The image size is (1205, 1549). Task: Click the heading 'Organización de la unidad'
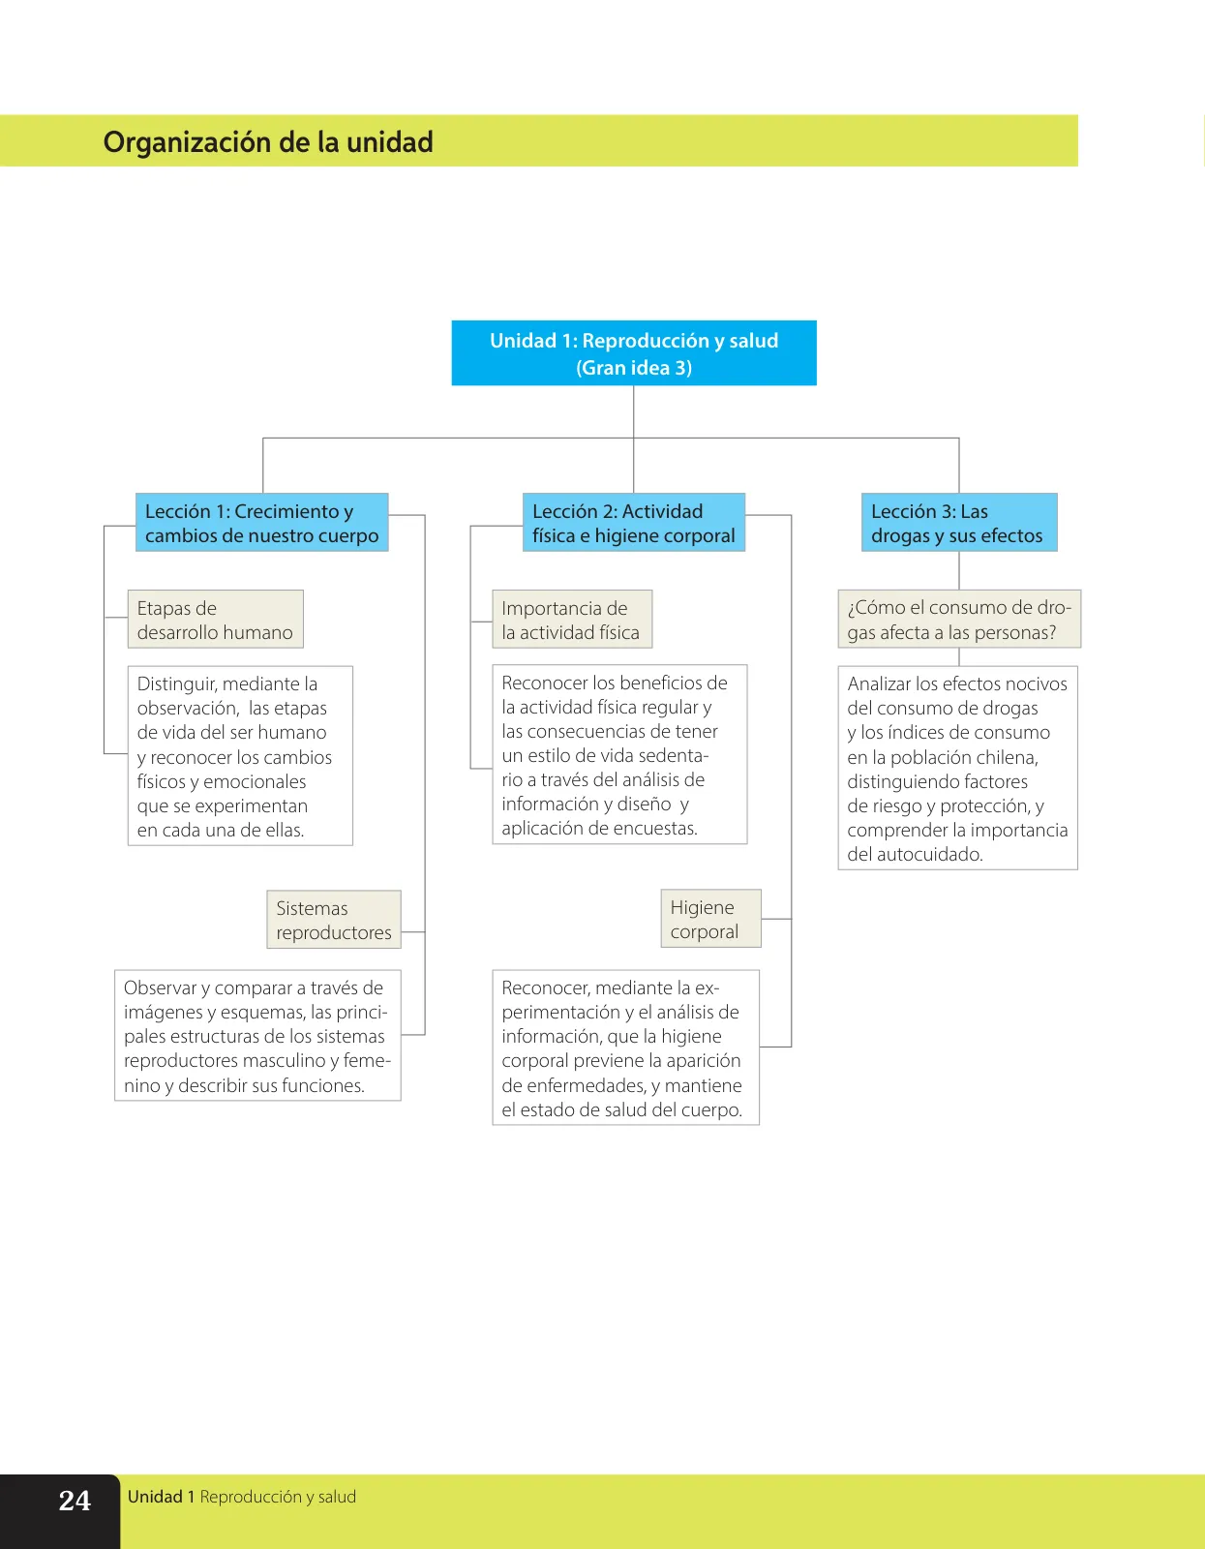click(x=268, y=142)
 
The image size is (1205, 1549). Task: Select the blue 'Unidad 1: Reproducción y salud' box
click(x=634, y=352)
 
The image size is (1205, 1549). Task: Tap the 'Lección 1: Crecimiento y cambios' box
click(x=261, y=523)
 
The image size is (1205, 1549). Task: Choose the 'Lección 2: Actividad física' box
click(x=634, y=523)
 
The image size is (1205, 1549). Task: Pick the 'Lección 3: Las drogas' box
click(x=959, y=523)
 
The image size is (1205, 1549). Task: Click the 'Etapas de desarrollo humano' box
click(x=215, y=619)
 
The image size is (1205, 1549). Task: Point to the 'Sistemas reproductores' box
click(x=334, y=920)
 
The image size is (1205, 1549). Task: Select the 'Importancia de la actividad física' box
click(x=571, y=619)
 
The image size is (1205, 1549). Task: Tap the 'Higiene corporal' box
click(x=710, y=918)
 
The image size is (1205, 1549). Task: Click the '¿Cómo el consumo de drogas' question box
click(x=959, y=619)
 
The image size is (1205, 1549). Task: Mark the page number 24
click(x=75, y=1501)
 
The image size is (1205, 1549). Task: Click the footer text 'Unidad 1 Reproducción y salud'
click(x=242, y=1497)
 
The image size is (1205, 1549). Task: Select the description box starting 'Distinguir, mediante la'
click(x=240, y=755)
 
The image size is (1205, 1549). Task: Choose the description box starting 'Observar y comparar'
click(x=257, y=1035)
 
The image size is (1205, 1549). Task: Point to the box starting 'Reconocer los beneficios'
click(x=619, y=754)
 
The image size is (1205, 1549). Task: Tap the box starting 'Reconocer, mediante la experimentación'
click(x=625, y=1048)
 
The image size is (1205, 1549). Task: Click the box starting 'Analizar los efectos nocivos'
click(x=957, y=768)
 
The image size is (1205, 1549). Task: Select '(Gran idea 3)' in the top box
click(x=634, y=368)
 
